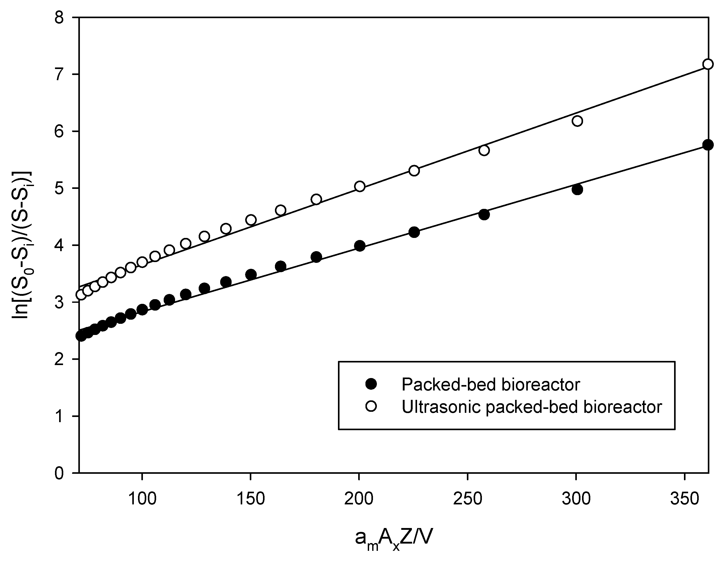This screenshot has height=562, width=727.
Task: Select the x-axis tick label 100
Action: tap(142, 499)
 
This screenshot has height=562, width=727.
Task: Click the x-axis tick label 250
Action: tap(468, 499)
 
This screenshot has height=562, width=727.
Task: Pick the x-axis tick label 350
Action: tap(685, 499)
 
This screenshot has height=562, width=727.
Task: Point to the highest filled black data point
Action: tap(708, 145)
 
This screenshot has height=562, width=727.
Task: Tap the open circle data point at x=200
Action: tap(359, 187)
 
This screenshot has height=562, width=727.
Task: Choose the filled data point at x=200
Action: tap(359, 246)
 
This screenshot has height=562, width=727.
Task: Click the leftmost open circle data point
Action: tap(81, 295)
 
